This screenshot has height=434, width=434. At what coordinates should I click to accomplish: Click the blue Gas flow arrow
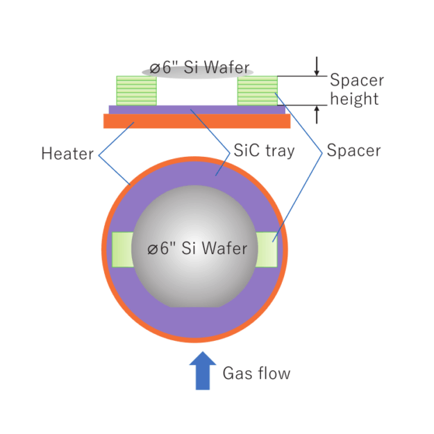(203, 371)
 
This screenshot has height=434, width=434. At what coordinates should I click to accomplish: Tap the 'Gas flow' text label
(256, 374)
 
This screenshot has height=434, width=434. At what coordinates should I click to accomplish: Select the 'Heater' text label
(67, 153)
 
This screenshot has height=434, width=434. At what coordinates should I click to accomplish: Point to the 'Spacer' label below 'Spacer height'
(353, 150)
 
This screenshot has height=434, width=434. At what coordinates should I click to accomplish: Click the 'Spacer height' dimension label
(355, 89)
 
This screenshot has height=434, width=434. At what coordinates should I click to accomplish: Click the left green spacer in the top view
(122, 249)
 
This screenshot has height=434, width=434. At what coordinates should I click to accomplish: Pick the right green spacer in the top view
(267, 249)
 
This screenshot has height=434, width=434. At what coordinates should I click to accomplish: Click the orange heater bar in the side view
(196, 121)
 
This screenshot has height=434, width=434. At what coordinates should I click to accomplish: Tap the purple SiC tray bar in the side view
(196, 109)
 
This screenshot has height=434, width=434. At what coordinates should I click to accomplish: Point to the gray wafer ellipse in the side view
(198, 69)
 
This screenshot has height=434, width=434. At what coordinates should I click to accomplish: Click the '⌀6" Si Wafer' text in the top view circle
(197, 248)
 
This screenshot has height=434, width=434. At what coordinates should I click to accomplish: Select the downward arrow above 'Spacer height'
(317, 67)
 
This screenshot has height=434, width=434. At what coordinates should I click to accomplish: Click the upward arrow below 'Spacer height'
(317, 114)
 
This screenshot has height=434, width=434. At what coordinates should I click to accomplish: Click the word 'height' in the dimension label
(354, 99)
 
